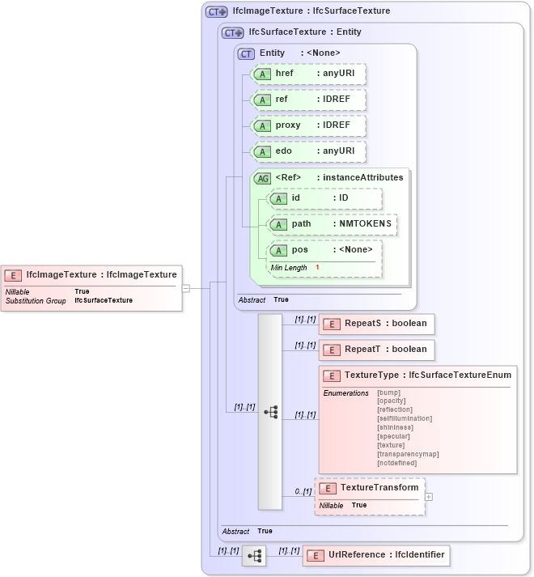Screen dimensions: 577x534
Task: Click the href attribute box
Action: (x=308, y=74)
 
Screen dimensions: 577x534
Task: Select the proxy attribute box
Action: (x=308, y=125)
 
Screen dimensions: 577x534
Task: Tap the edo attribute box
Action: (x=308, y=151)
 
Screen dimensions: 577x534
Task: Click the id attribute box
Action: (x=324, y=198)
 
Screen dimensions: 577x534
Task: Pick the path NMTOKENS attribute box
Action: (x=333, y=224)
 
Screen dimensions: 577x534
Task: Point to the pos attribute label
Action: (x=299, y=250)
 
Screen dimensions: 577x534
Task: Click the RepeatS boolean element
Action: (x=377, y=324)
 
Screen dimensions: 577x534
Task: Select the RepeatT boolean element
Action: (x=377, y=350)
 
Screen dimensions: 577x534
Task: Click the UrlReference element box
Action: (x=375, y=555)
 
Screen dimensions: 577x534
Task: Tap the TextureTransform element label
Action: (x=379, y=487)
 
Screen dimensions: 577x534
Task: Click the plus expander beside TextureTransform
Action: (x=429, y=497)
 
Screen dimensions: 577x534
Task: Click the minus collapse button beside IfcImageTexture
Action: (x=185, y=287)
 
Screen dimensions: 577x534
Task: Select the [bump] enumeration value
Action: (x=388, y=392)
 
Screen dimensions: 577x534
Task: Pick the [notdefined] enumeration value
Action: (x=396, y=463)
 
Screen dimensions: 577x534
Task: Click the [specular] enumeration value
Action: (x=393, y=436)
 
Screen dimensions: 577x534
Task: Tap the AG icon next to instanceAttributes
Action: (x=262, y=178)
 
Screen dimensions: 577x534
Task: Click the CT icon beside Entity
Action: (x=246, y=53)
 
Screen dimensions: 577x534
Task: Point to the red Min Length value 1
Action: (x=317, y=267)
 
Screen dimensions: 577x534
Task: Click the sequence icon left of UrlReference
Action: (x=254, y=556)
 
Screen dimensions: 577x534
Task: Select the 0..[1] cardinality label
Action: (x=303, y=491)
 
